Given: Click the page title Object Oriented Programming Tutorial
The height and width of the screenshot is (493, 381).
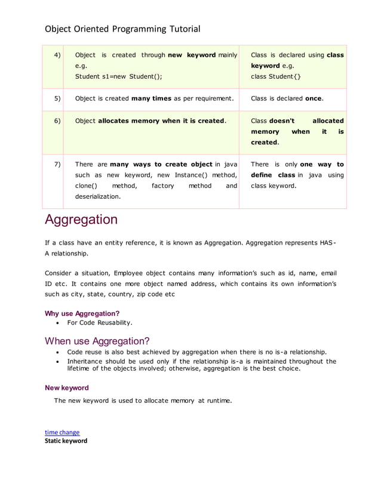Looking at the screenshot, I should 122,29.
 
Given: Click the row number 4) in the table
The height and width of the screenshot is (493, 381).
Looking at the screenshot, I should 57,55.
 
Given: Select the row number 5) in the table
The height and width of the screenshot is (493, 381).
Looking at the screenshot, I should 57,98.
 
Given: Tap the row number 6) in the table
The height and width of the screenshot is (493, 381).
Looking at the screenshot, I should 57,121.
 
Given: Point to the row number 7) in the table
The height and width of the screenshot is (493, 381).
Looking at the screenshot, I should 57,164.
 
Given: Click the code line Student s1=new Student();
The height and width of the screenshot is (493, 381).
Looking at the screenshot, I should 118,76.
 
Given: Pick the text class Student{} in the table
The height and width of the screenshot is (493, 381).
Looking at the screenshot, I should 276,76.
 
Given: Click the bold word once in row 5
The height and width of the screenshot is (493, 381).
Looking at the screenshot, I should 314,98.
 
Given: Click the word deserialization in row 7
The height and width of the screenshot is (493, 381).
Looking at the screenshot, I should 97,196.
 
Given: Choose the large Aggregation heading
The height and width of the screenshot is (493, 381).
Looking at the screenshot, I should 81,220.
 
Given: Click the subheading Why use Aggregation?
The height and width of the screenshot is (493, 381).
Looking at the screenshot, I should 82,313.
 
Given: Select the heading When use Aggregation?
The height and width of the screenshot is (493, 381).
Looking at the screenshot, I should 97,341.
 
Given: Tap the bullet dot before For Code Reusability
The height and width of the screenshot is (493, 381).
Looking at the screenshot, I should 57,323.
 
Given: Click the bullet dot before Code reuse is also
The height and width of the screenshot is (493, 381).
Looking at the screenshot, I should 57,352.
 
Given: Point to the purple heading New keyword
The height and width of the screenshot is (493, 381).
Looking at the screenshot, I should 67,388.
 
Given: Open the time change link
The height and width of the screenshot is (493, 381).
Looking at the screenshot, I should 62,432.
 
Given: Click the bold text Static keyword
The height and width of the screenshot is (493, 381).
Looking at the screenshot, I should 66,441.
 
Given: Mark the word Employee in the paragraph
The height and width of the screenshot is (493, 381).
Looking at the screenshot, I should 130,273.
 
